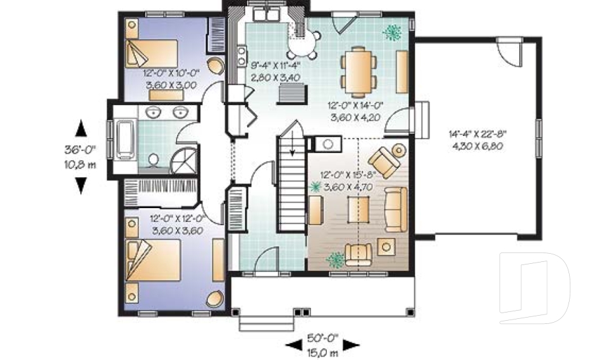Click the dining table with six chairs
359,69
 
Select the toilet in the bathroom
154,159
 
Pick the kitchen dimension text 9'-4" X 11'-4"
275,65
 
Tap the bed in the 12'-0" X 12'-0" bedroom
152,258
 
